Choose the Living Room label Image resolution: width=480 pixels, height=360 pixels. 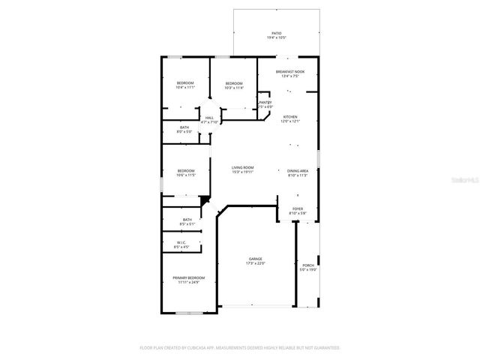tap(242, 169)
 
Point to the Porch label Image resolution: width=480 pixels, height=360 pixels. tap(308, 267)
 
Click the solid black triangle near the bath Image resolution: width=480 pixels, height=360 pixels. tap(204, 199)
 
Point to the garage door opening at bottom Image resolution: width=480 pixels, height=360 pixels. tap(256, 306)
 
